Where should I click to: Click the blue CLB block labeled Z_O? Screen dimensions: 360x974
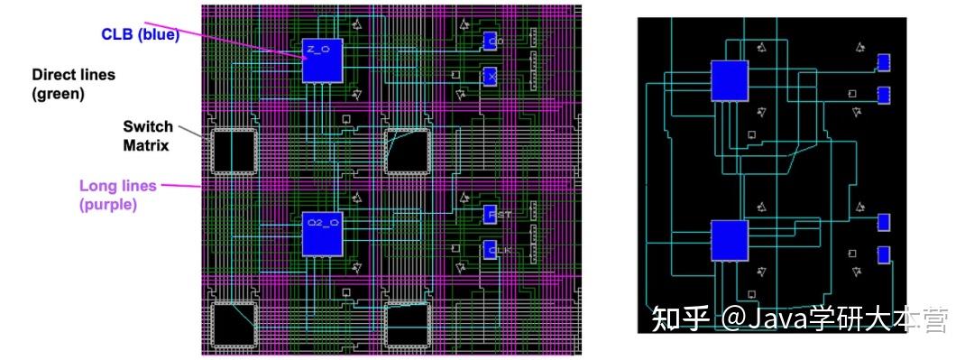click(322, 61)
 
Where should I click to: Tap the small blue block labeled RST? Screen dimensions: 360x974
click(491, 215)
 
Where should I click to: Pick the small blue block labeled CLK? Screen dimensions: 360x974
click(491, 250)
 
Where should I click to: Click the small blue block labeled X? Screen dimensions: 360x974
click(491, 77)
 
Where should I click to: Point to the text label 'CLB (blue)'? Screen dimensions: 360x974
click(140, 35)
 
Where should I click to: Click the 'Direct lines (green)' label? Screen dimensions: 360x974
click(73, 84)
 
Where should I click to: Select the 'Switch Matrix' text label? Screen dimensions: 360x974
click(148, 135)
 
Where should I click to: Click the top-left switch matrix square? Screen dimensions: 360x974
click(234, 152)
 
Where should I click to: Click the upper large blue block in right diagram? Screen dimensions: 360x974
click(730, 80)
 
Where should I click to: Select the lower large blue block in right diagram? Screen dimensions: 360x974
click(730, 240)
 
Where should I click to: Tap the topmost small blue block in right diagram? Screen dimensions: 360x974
click(884, 62)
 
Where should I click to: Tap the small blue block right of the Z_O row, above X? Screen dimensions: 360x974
click(491, 41)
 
